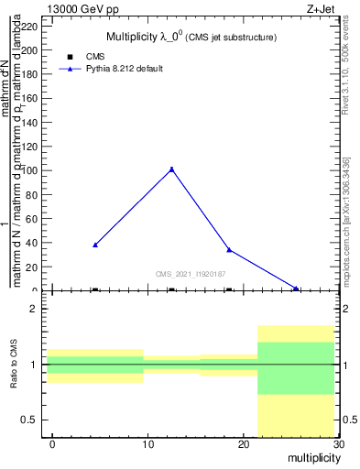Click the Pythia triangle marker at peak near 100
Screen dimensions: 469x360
point(171,169)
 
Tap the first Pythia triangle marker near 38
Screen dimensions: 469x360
point(95,245)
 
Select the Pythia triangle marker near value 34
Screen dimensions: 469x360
point(229,249)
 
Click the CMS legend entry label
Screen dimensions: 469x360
point(95,57)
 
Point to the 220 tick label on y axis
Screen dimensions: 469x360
point(28,27)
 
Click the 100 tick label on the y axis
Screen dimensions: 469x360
point(28,170)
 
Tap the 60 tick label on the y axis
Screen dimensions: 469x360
point(31,219)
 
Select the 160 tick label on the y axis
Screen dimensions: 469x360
point(28,99)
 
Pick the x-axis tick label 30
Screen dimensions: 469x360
point(339,444)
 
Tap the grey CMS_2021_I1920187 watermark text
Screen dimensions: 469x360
point(191,274)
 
